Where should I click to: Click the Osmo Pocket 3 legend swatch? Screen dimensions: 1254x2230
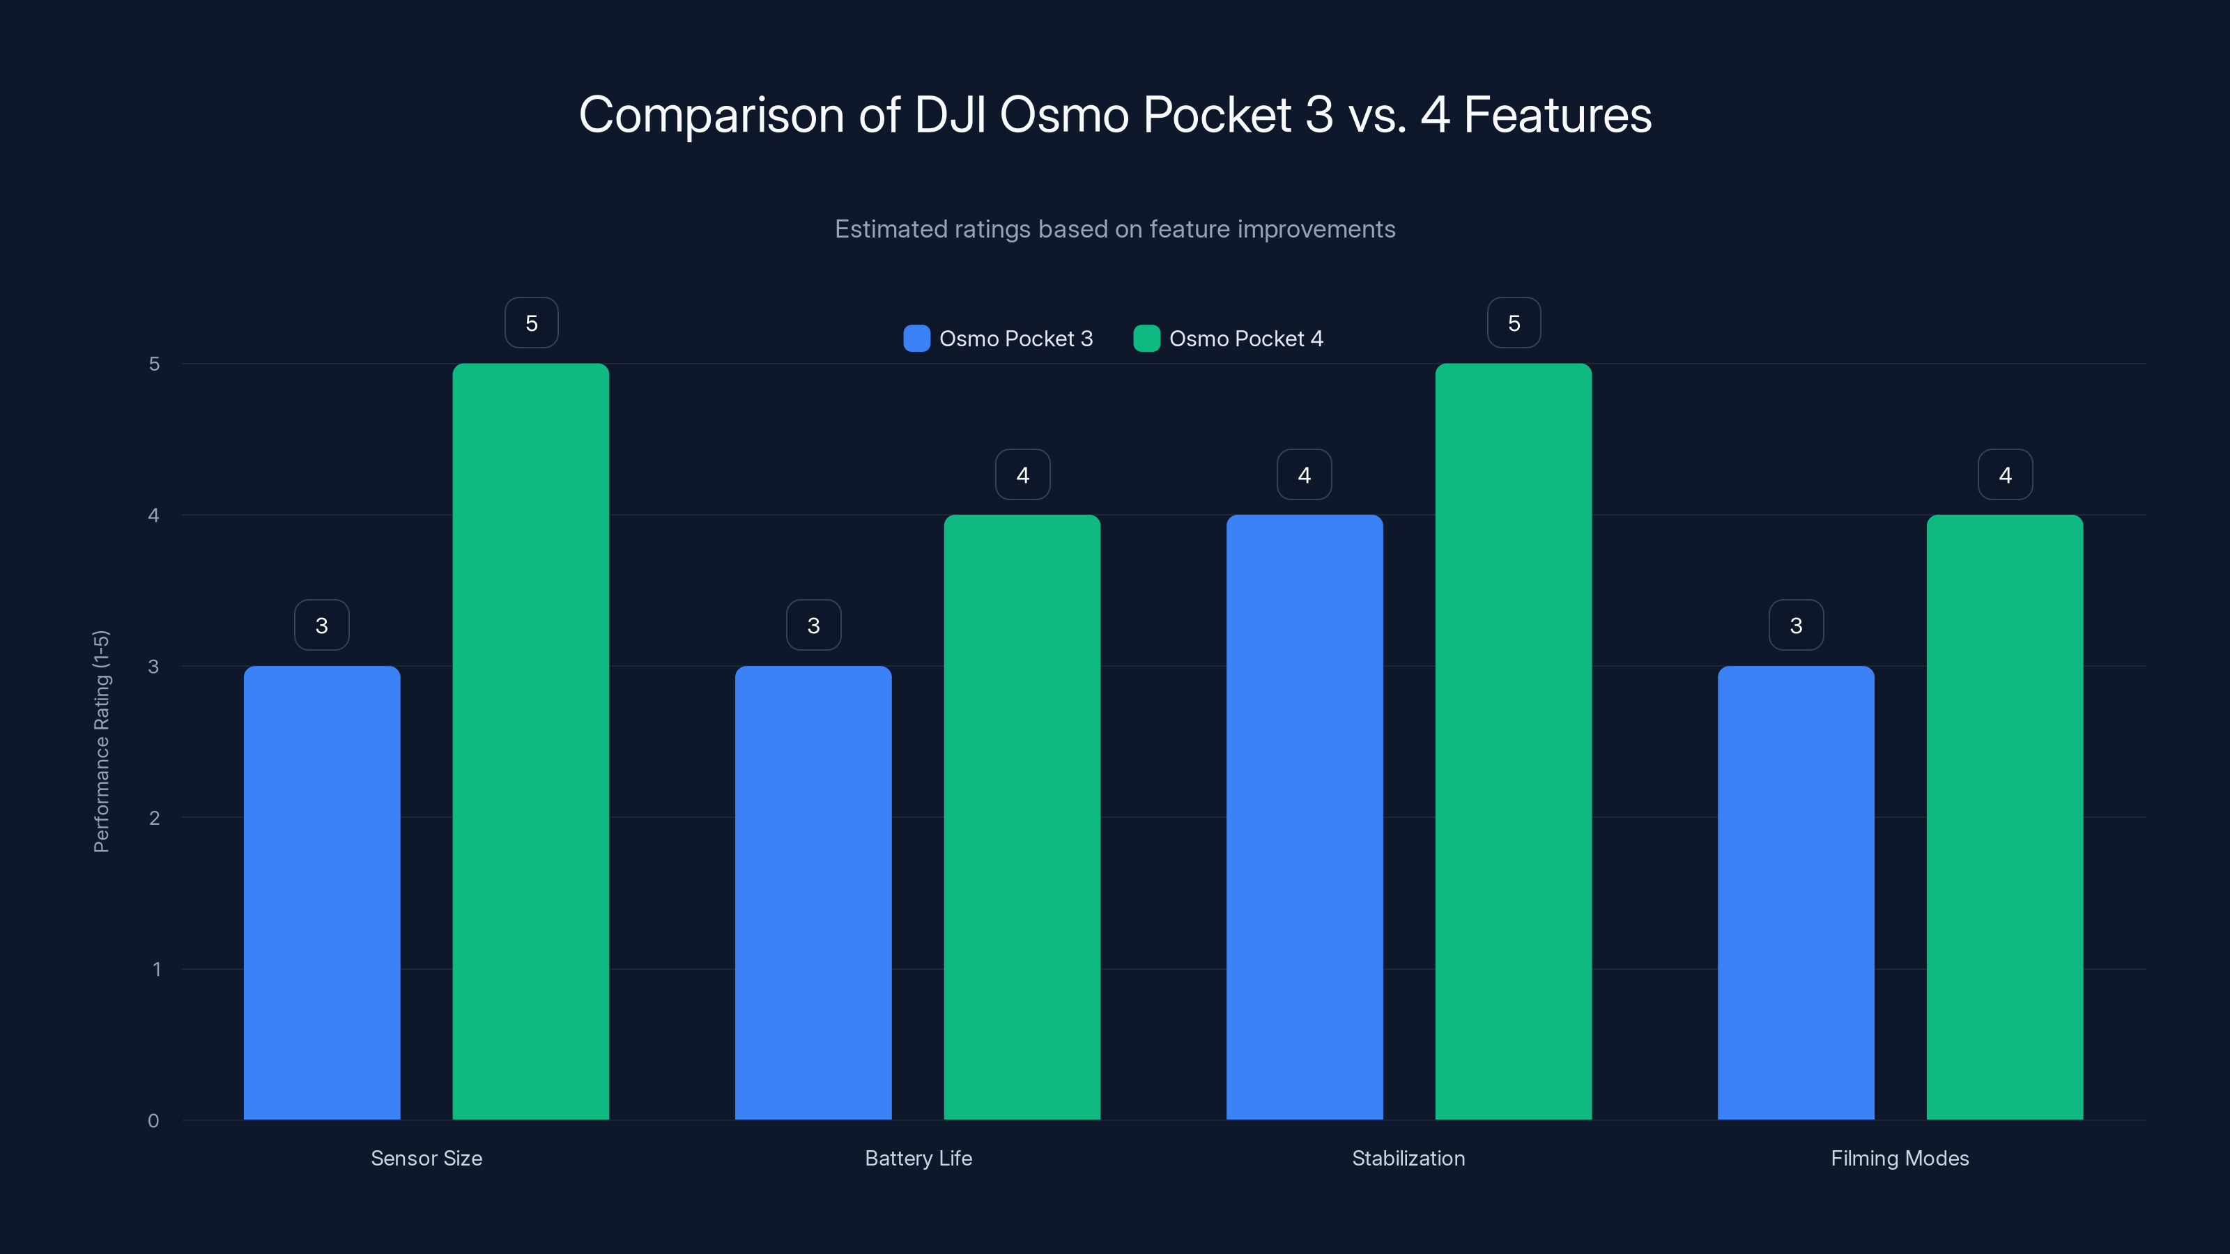(916, 339)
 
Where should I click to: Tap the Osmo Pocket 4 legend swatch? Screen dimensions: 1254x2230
(1146, 339)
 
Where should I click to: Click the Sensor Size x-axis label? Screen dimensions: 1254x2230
(426, 1158)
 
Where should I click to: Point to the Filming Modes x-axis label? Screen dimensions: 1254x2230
(1899, 1158)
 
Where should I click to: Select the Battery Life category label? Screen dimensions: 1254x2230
(918, 1158)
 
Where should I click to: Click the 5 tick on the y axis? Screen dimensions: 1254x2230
(154, 364)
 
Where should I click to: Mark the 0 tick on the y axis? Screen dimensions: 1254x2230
(153, 1121)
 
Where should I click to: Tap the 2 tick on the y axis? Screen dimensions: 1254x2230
(154, 818)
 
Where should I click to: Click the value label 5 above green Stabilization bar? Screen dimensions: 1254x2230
(1513, 323)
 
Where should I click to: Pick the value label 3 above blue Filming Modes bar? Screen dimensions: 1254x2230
(1795, 625)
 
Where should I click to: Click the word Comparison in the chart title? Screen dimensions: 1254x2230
(711, 115)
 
